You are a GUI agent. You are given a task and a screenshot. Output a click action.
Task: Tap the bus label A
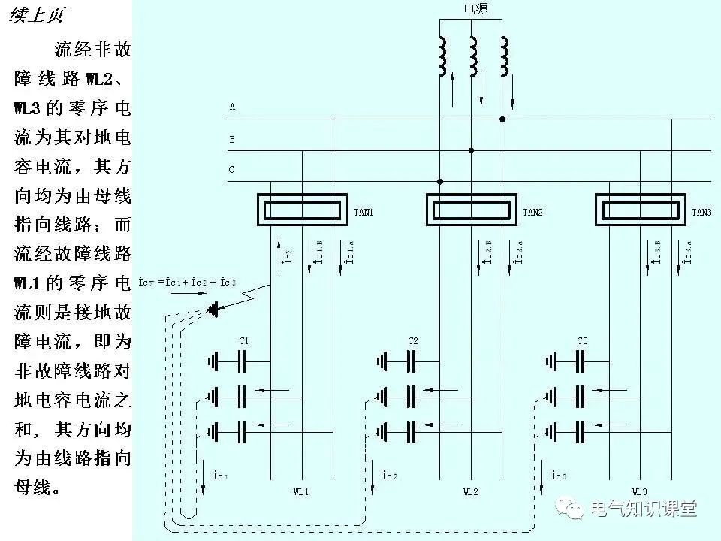click(232, 107)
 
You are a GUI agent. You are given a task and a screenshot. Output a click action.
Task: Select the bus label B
click(232, 140)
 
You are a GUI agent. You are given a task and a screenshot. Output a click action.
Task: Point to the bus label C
click(231, 170)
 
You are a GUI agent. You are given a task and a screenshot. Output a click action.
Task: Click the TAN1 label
click(364, 213)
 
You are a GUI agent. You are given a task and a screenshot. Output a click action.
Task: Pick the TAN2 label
click(532, 213)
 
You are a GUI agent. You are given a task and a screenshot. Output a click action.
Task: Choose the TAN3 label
click(701, 213)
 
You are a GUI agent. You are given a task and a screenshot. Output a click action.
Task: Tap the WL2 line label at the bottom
click(470, 492)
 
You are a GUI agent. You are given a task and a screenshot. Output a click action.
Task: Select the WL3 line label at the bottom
click(639, 492)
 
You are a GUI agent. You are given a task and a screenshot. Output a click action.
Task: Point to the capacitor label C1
click(243, 341)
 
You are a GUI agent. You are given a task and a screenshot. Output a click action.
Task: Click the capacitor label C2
click(412, 341)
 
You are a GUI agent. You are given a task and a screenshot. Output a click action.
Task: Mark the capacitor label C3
click(581, 341)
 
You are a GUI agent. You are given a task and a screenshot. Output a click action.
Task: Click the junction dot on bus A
click(502, 119)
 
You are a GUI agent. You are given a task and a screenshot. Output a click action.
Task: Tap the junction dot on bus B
click(471, 150)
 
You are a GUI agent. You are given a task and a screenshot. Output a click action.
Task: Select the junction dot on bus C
click(440, 181)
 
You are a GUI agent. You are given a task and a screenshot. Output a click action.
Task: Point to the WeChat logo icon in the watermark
click(575, 509)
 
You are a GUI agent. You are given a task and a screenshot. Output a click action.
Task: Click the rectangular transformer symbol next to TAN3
click(641, 209)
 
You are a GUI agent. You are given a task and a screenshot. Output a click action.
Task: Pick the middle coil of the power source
click(473, 55)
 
